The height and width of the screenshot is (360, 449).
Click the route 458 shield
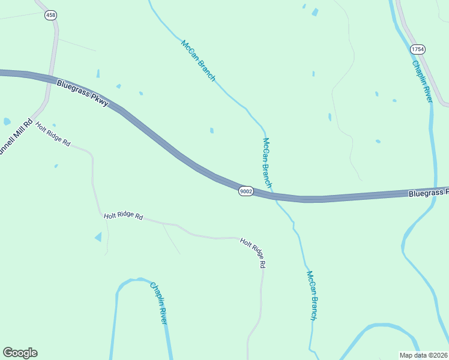(x=50, y=15)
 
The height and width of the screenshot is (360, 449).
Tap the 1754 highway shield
(x=417, y=49)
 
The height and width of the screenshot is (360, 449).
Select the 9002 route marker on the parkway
(x=246, y=191)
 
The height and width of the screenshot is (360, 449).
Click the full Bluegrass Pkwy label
(x=83, y=93)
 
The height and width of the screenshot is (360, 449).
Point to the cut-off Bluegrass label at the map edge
(x=429, y=193)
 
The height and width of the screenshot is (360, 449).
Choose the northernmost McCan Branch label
(x=198, y=60)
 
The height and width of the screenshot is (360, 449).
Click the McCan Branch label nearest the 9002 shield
(x=267, y=163)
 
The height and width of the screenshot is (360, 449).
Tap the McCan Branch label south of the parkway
(x=311, y=295)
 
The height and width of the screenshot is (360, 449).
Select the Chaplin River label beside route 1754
(x=422, y=81)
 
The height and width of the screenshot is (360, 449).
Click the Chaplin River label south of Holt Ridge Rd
(x=158, y=303)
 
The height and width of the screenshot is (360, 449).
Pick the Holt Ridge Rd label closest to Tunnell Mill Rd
(x=53, y=134)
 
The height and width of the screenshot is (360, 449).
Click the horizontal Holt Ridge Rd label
(x=123, y=216)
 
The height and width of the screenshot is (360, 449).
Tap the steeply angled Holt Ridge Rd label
(x=253, y=252)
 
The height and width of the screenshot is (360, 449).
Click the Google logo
(x=20, y=353)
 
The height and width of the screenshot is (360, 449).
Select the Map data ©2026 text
(x=423, y=355)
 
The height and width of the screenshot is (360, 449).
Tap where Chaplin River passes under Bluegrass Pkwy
(x=434, y=191)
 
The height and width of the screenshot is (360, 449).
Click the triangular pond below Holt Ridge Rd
(x=98, y=237)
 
